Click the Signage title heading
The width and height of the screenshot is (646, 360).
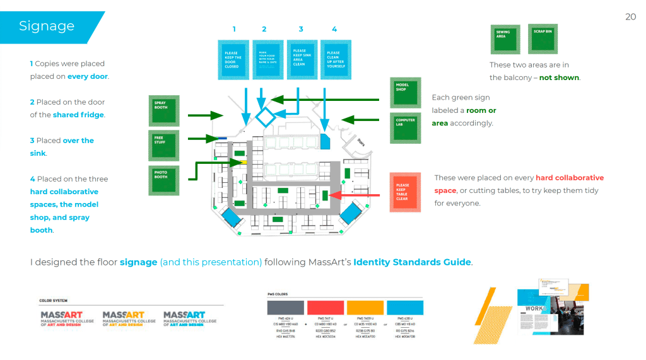coord(47,26)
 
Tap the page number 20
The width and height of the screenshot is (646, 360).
coord(630,17)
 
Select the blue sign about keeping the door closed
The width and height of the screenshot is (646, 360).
coord(233,59)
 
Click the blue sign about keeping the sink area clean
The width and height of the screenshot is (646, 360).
coord(300,58)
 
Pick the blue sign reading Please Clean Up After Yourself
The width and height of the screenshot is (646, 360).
coord(334,59)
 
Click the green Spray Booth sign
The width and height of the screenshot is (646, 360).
coord(163,110)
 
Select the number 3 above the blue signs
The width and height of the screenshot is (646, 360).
coord(301,29)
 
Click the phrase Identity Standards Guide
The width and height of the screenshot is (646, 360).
coord(412,262)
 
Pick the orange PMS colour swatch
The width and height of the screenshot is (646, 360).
coord(365,308)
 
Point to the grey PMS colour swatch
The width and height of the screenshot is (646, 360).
coord(285,308)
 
